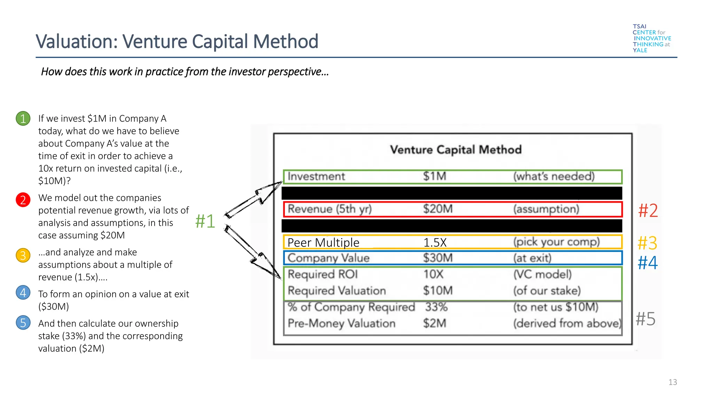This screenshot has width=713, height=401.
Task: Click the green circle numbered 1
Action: coord(23,119)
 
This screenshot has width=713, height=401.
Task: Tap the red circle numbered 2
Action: coord(23,200)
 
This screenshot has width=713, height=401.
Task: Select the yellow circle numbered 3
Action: coord(23,255)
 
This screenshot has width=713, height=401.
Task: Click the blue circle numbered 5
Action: coord(23,323)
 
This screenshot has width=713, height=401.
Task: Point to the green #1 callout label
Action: coord(205,221)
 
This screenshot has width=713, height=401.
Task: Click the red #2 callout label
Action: coord(648,211)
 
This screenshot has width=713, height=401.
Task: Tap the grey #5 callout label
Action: coord(645,319)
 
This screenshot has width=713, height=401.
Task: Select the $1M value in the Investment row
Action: coord(434,176)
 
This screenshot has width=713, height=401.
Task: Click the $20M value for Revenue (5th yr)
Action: coord(438,209)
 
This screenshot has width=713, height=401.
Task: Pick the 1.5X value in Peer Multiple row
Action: coord(435,243)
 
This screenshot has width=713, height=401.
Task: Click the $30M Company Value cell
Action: coord(438,258)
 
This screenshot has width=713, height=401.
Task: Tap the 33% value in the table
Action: coord(436,307)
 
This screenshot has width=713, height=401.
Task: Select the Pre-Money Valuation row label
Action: coord(341,323)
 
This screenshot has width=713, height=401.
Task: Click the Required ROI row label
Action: coord(323,274)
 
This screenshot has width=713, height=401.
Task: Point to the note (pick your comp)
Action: coord(556,242)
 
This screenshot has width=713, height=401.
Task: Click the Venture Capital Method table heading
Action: coord(456,150)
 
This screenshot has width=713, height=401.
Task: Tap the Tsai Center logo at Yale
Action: coord(651,38)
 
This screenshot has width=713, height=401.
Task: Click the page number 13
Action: coord(672,382)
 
